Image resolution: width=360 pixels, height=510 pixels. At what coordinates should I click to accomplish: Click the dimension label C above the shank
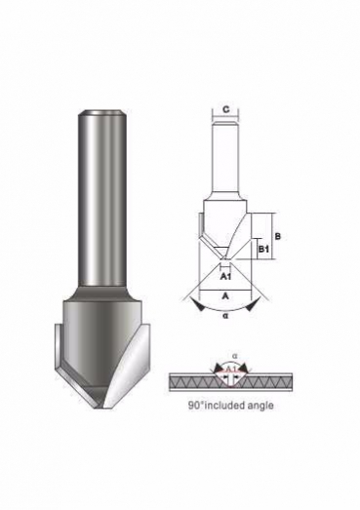click(226, 109)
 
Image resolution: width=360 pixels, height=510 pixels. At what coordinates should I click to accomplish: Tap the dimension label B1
click(263, 250)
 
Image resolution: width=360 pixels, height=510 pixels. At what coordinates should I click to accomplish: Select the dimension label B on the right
click(277, 236)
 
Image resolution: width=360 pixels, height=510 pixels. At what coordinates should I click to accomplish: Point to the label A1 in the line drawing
click(225, 277)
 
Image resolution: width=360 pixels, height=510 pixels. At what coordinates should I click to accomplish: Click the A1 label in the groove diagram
click(230, 369)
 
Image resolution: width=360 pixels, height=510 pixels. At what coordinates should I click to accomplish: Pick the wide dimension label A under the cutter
click(225, 296)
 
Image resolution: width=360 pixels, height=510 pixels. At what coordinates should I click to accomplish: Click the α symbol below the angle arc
click(225, 316)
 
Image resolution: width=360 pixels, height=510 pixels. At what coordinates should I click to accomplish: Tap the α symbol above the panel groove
click(234, 356)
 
